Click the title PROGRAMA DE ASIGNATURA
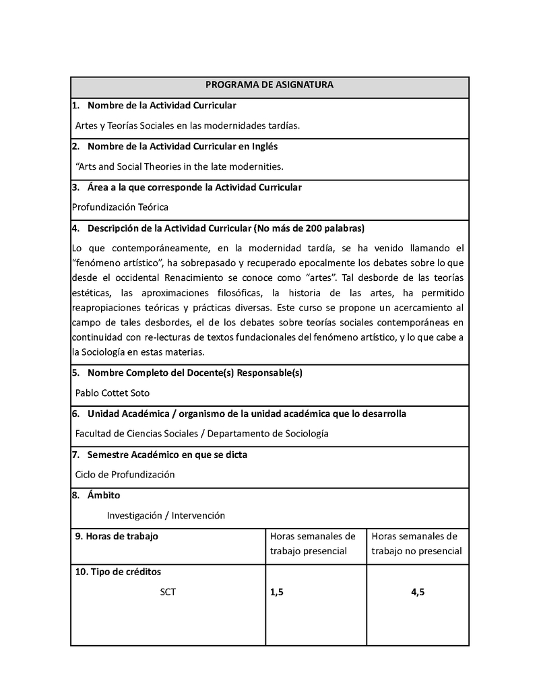tap(269, 85)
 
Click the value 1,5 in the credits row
tap(277, 592)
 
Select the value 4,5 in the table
tap(418, 592)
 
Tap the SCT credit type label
tap(168, 592)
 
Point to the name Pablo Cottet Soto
tap(113, 393)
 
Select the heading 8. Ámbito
tap(96, 495)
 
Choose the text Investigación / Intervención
tap(166, 515)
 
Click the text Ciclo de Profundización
tap(125, 474)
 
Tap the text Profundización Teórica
tap(120, 207)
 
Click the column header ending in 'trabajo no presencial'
tap(416, 543)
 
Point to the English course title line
tap(179, 166)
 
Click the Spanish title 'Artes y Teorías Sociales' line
tap(187, 125)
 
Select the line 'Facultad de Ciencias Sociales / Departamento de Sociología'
tap(201, 434)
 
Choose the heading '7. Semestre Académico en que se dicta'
tap(160, 455)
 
